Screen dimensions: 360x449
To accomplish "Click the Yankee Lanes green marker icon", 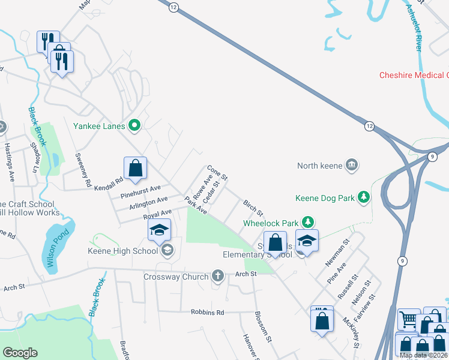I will (x=135, y=126).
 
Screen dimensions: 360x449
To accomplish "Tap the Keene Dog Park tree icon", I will (x=363, y=197).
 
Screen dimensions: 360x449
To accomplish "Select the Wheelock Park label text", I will (x=270, y=223).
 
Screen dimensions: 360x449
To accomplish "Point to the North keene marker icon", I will (x=352, y=165).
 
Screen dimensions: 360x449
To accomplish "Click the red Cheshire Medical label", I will (x=414, y=75).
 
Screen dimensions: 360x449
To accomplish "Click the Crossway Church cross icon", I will (x=217, y=277).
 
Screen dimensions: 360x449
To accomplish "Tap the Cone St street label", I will (x=217, y=173).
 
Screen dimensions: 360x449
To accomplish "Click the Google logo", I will (x=20, y=352).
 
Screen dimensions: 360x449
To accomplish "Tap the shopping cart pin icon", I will (x=409, y=320).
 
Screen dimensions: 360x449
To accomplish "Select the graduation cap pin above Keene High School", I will (x=160, y=230).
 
